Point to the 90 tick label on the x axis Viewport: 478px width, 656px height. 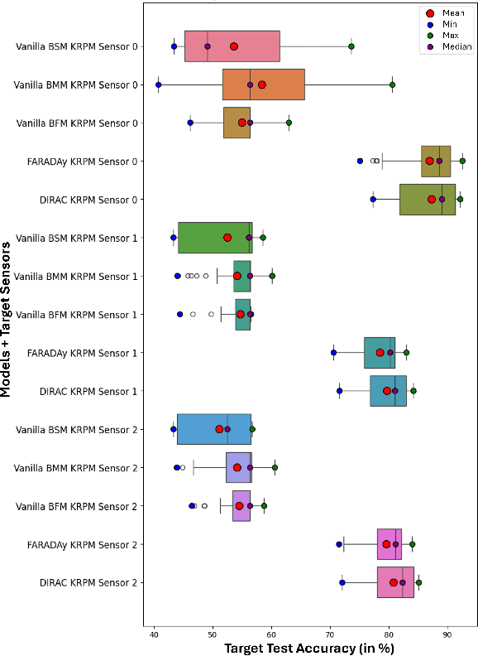coord(447,634)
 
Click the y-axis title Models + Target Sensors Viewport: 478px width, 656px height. coord(7,315)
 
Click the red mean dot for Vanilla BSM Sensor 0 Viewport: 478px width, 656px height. coord(234,46)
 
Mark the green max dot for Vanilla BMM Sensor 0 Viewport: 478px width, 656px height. coord(392,84)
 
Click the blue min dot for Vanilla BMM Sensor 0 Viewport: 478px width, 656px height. coord(158,84)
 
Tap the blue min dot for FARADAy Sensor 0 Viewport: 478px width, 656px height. coord(360,161)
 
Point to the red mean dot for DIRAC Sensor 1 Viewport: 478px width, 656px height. coord(386,390)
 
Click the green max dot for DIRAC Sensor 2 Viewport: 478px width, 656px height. coord(418,582)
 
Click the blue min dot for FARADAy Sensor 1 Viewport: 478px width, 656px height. coord(333,353)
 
